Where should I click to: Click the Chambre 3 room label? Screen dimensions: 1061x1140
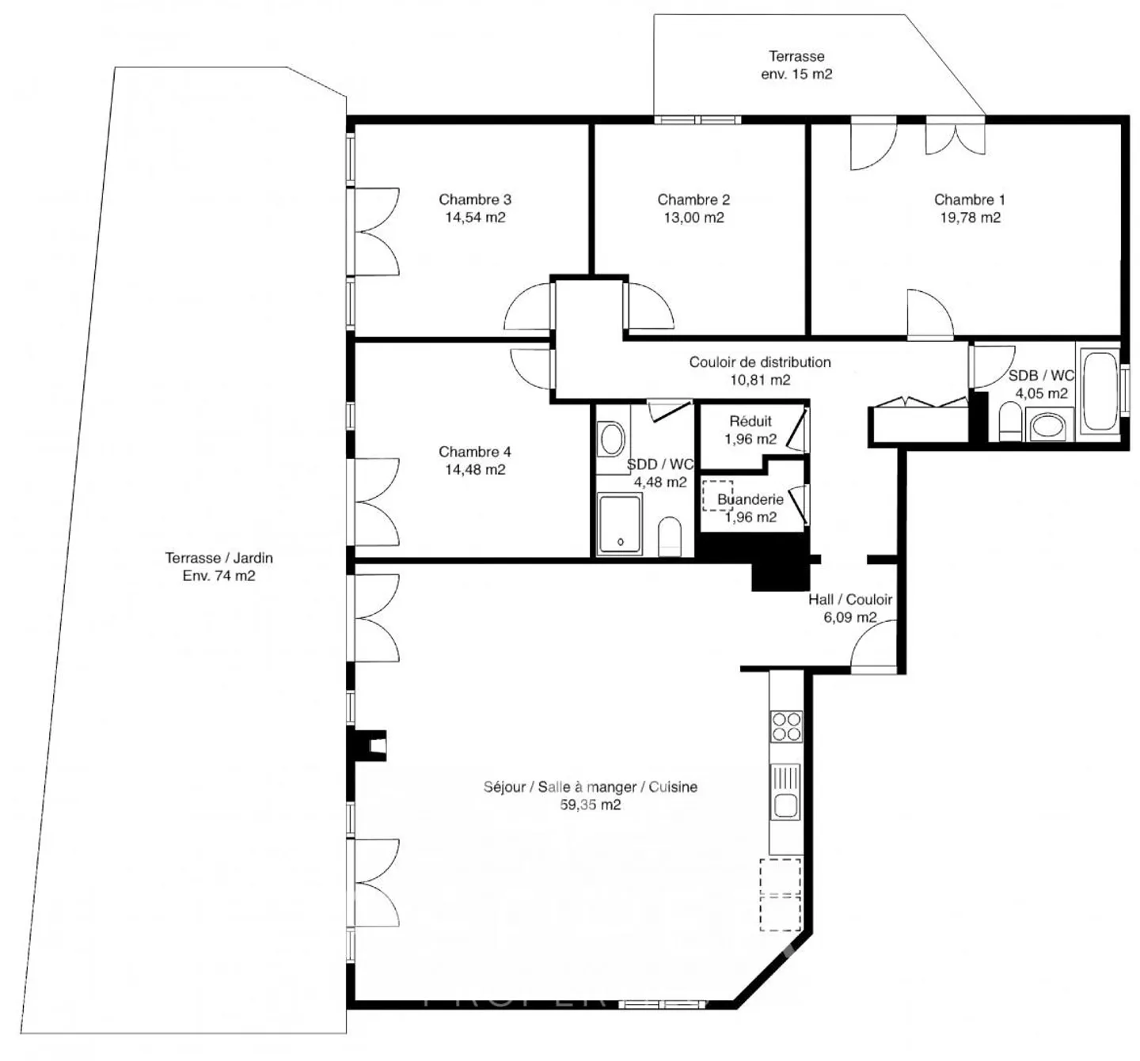click(475, 199)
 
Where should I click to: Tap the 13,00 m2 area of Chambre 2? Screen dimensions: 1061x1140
click(693, 218)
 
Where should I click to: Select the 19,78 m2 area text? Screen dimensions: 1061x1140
click(970, 218)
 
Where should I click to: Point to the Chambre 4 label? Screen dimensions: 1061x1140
click(475, 452)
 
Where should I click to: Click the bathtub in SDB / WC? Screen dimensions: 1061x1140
click(1099, 391)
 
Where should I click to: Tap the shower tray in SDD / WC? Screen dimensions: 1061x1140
click(619, 524)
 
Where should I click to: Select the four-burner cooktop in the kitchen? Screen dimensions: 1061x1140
click(786, 726)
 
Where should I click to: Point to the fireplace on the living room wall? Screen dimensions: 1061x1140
click(370, 745)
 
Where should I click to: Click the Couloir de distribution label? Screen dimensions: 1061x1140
click(760, 362)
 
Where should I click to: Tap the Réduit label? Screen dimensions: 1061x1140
click(750, 422)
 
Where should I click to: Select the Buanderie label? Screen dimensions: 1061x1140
click(750, 499)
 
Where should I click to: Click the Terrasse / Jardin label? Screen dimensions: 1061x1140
click(218, 558)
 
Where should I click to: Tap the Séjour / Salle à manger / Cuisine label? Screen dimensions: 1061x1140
click(590, 787)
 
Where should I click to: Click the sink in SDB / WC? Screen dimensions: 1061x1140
click(1049, 427)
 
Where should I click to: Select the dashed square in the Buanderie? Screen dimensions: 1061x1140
click(717, 495)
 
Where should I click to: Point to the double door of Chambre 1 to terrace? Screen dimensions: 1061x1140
click(956, 136)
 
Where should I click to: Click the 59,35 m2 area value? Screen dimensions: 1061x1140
click(590, 805)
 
